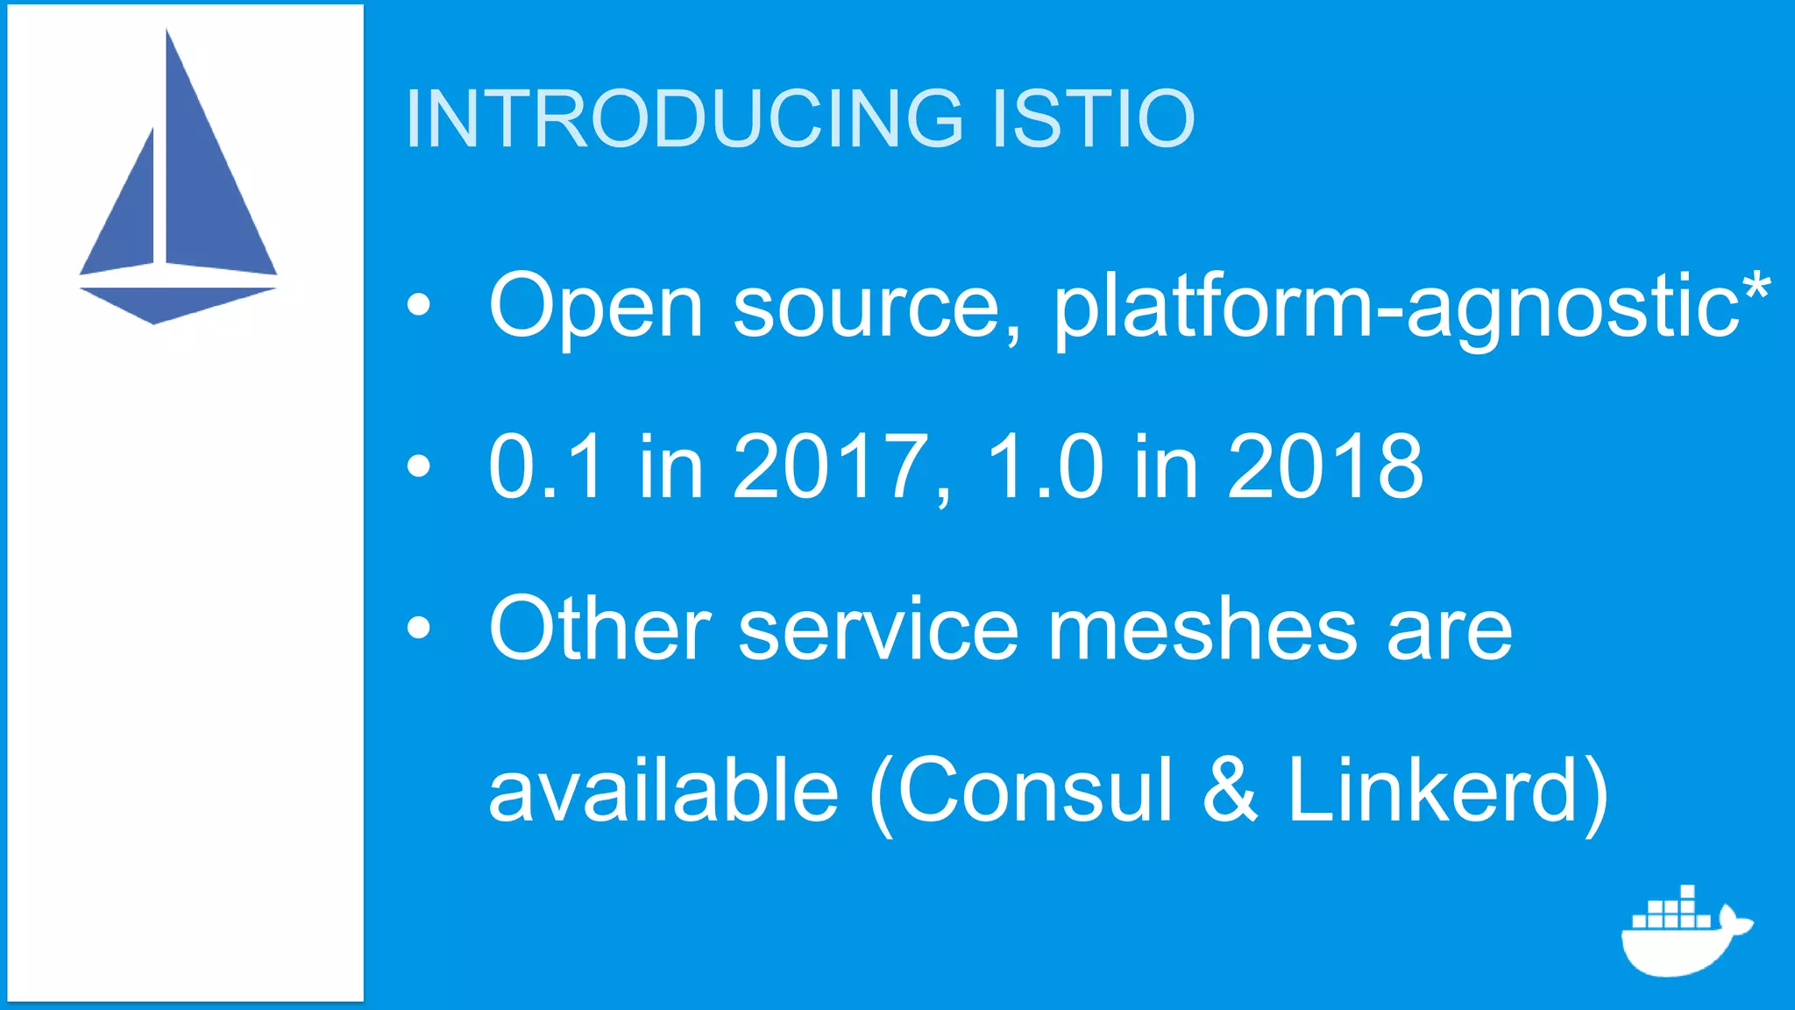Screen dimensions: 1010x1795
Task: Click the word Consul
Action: pos(1034,792)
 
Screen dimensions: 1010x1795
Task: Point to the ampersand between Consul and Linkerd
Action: pos(1230,792)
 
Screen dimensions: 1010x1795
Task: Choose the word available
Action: pos(663,792)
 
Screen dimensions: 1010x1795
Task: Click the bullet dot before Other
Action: pos(419,628)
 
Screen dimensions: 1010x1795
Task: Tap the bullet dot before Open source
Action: pos(419,304)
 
